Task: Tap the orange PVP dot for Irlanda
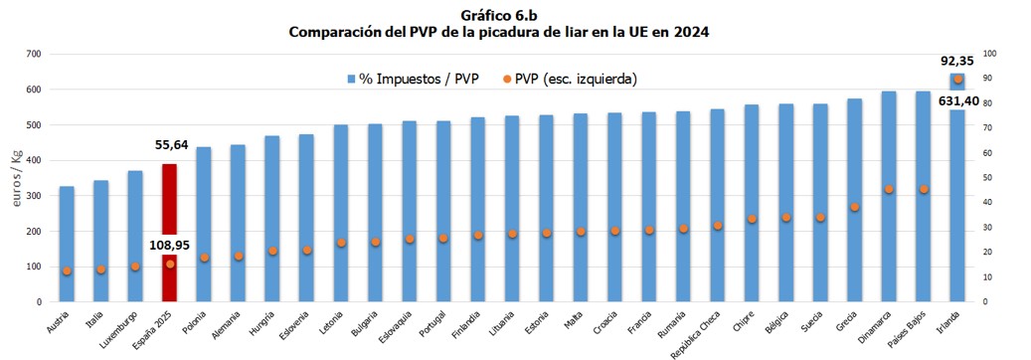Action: (x=957, y=80)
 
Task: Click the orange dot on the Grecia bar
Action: (x=854, y=207)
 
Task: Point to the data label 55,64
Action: (x=170, y=144)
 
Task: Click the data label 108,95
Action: (x=170, y=243)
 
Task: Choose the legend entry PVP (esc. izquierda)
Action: (x=568, y=79)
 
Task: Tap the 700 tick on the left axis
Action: (x=34, y=54)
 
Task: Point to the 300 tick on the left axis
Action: (x=34, y=196)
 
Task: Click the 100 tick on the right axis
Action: (x=989, y=54)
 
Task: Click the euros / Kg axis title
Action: (x=16, y=178)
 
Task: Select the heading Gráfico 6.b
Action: (x=498, y=15)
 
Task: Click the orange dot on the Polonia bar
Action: (x=204, y=258)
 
